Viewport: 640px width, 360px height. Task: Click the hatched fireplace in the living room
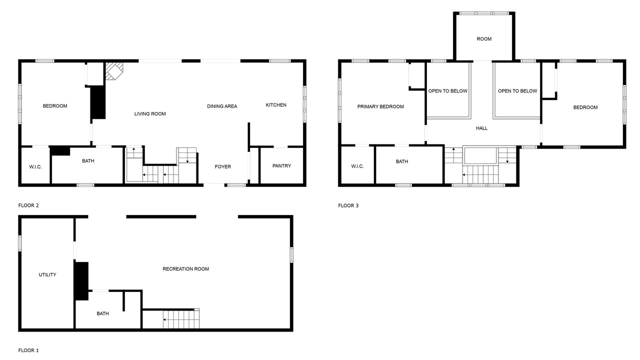click(x=114, y=71)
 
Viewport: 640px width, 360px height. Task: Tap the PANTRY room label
click(x=281, y=165)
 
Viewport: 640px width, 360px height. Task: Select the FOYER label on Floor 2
click(x=223, y=166)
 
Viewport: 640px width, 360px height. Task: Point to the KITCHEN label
click(x=276, y=105)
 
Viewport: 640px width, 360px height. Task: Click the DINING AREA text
click(x=222, y=106)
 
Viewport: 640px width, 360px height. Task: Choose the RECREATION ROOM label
click(x=185, y=269)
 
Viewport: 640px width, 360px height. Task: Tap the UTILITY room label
click(x=47, y=274)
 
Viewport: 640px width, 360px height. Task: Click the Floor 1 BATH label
click(x=102, y=313)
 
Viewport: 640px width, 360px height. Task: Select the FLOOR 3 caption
click(x=348, y=205)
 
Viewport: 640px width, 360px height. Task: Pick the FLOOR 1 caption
click(x=28, y=350)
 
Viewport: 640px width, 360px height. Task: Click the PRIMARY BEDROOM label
click(x=380, y=106)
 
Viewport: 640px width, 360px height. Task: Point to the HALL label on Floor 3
click(x=481, y=128)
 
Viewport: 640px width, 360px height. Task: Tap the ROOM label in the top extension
click(x=484, y=39)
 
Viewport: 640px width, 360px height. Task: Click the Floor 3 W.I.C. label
click(x=357, y=166)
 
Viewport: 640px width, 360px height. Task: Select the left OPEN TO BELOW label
click(x=447, y=91)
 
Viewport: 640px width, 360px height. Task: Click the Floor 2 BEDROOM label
click(x=55, y=106)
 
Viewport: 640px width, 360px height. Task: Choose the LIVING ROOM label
click(x=150, y=113)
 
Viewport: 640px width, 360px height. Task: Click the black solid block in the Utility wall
click(x=81, y=281)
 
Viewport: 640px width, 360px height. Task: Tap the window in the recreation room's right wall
click(x=291, y=255)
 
